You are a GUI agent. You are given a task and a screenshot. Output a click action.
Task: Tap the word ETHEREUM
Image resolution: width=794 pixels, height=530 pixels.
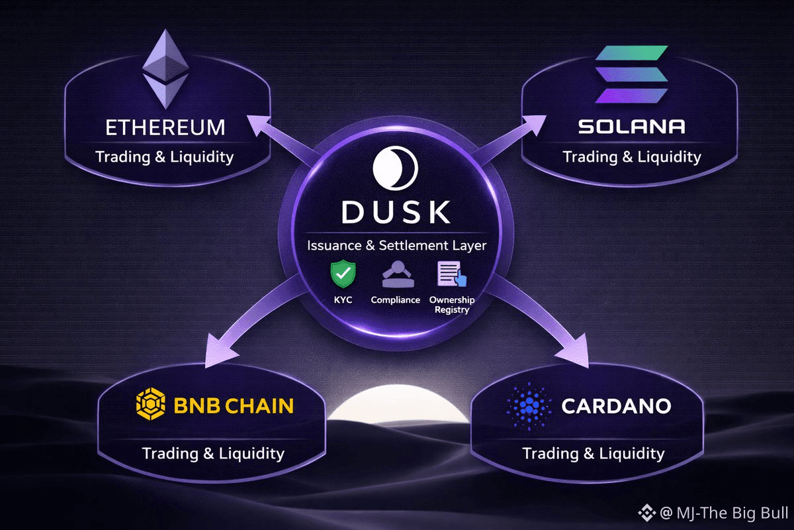pyautogui.click(x=165, y=127)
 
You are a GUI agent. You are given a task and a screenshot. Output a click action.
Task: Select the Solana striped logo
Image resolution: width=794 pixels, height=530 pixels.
pyautogui.click(x=631, y=74)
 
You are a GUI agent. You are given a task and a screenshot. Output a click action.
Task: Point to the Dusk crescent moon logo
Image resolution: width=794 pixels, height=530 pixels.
pyautogui.click(x=395, y=168)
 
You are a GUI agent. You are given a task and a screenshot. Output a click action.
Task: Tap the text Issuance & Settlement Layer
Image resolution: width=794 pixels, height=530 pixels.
pyautogui.click(x=396, y=246)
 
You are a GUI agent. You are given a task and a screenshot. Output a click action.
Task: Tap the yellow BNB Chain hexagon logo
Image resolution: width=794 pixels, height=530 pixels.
pyautogui.click(x=150, y=405)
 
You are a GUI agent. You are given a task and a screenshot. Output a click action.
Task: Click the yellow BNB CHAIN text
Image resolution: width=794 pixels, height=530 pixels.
pyautogui.click(x=234, y=405)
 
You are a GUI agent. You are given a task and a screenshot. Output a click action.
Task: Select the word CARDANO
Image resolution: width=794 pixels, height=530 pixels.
pyautogui.click(x=616, y=405)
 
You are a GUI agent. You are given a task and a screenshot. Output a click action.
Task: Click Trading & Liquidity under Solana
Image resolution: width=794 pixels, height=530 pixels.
pyautogui.click(x=631, y=157)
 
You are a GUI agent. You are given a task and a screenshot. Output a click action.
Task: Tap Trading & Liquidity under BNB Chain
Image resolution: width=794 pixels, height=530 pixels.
pyautogui.click(x=213, y=453)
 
